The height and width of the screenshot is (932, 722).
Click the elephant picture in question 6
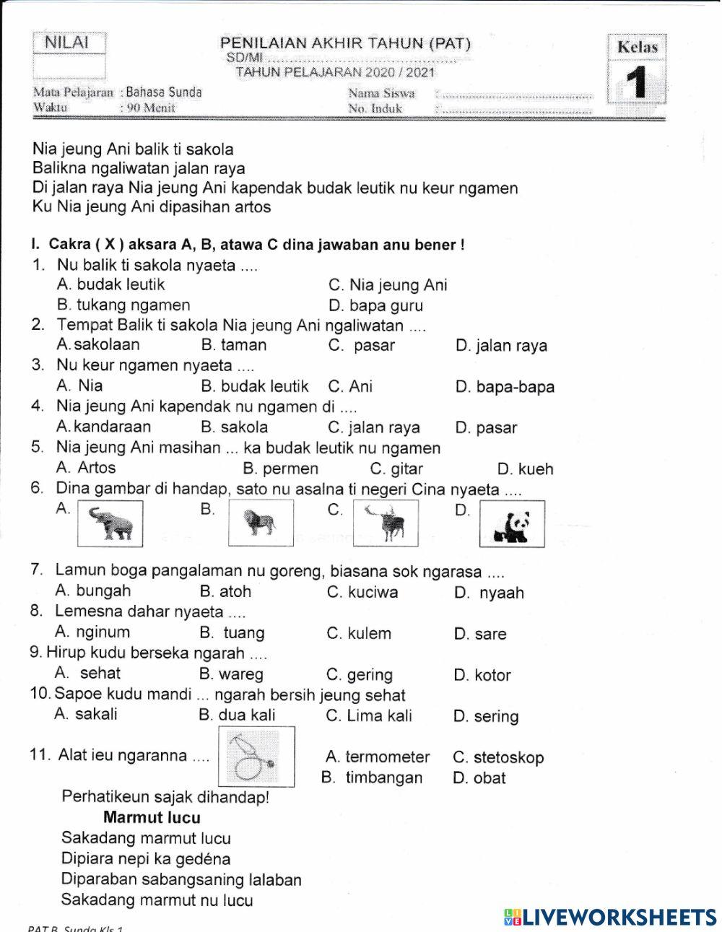(x=110, y=523)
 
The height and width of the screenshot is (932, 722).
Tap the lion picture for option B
(x=261, y=522)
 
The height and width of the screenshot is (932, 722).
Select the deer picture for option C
(x=386, y=523)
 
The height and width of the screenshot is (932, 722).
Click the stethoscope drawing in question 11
(x=256, y=756)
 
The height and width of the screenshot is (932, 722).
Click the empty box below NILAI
(x=69, y=67)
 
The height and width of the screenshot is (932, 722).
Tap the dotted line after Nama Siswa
(x=516, y=94)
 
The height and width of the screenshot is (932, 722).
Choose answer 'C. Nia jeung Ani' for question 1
(x=388, y=285)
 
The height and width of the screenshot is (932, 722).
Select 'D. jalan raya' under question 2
(x=501, y=346)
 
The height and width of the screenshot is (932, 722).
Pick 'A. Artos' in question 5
(x=86, y=468)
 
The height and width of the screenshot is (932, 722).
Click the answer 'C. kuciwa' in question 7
(x=362, y=593)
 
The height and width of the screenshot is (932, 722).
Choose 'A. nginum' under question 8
(x=93, y=632)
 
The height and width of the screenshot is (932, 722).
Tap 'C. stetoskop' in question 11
(x=498, y=757)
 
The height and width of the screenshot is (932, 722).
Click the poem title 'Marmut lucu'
(x=152, y=818)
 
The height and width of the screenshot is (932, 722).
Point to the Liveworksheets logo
(x=610, y=917)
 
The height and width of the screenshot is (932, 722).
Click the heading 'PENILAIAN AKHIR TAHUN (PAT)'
(x=345, y=43)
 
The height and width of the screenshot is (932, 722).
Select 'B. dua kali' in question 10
(x=237, y=715)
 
